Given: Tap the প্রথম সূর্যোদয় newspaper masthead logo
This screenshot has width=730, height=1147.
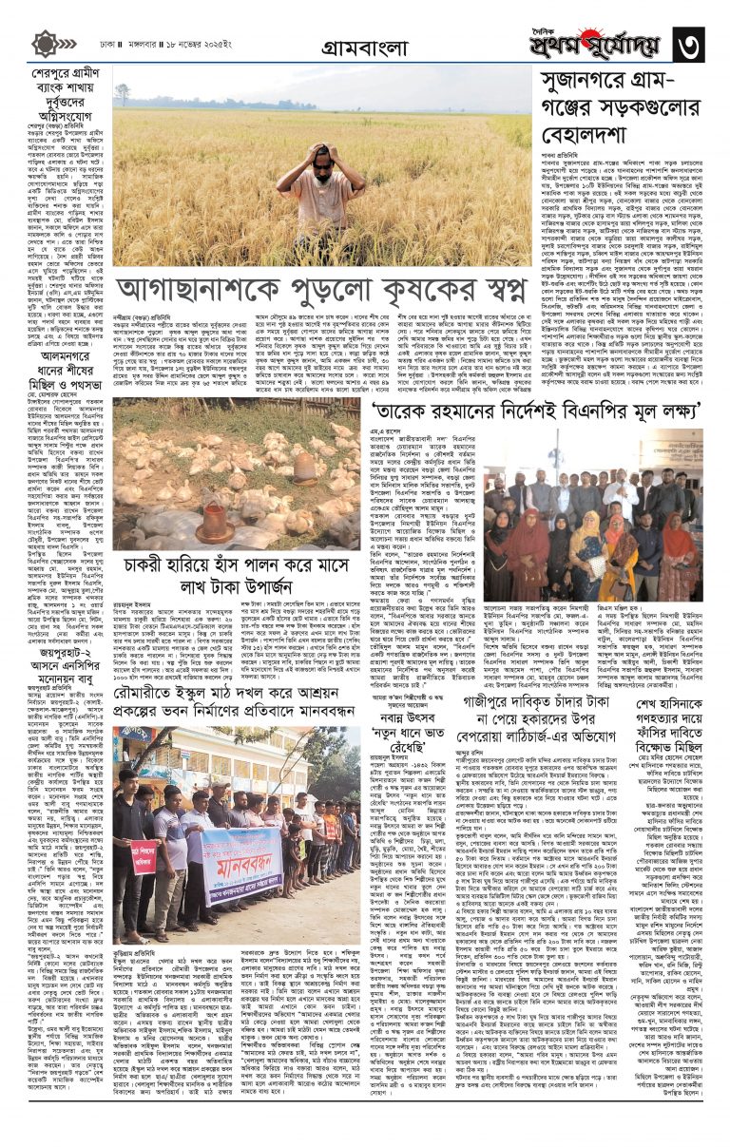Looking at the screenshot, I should pos(598,42).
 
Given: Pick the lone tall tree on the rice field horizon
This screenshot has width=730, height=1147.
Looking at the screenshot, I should pos(122,93).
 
